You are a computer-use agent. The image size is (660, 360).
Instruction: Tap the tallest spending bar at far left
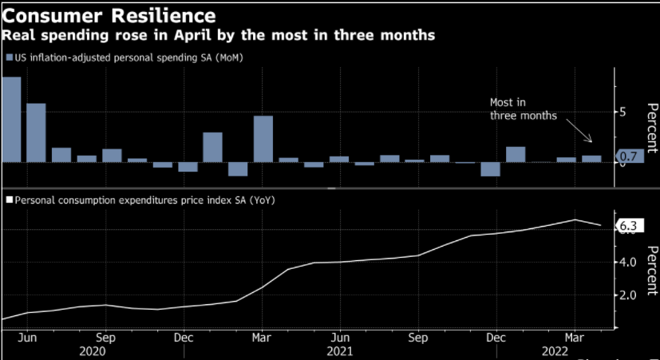pos(11,119)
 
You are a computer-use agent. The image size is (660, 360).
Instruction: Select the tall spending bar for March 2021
pos(263,139)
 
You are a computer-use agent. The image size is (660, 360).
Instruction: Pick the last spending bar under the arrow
pos(591,158)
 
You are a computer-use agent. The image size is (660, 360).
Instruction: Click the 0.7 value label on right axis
pos(628,156)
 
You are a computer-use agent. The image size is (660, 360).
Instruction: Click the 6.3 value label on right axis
pos(628,227)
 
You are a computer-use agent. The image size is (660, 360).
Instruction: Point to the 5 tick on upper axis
pos(623,112)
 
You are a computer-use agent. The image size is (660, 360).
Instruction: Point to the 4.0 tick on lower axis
pos(626,262)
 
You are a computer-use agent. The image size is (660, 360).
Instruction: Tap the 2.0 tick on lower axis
pos(626,295)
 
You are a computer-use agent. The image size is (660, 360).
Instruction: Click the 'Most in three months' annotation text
pos(523,109)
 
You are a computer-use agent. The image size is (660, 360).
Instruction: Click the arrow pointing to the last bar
pos(578,132)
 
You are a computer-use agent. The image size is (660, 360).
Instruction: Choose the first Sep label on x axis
pos(105,336)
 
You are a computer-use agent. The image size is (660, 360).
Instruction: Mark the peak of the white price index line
pos(575,220)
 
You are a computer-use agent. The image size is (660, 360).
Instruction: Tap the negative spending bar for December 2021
pos(490,169)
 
